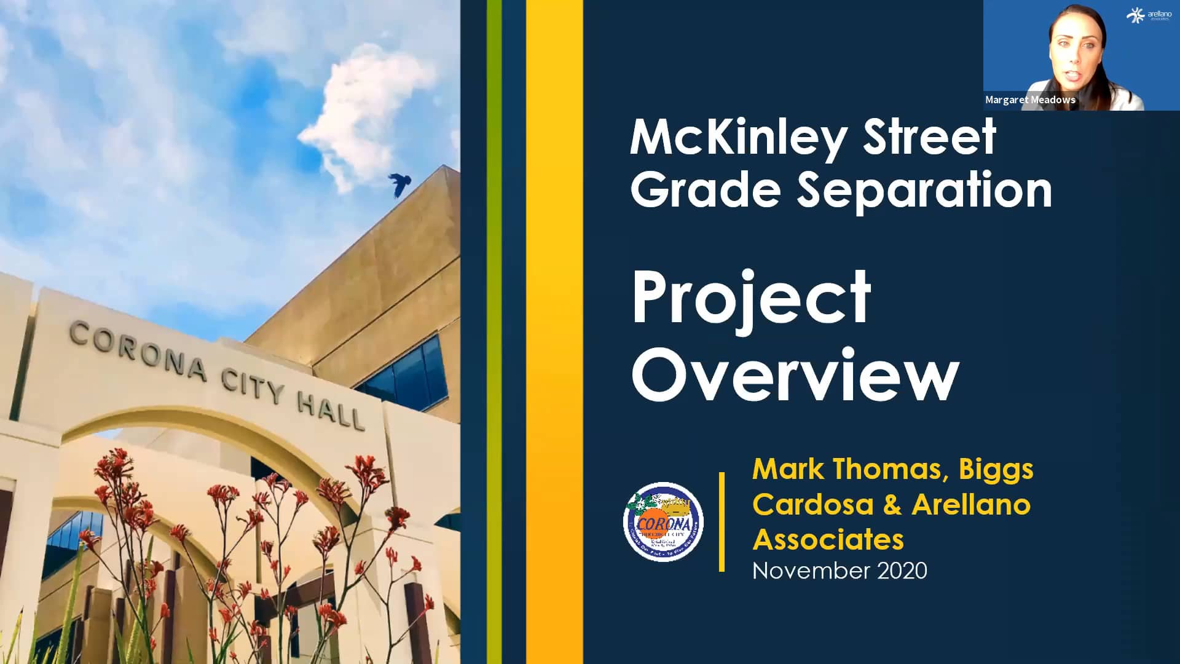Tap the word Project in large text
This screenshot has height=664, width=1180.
[x=751, y=299]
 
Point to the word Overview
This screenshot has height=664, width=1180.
[x=795, y=375]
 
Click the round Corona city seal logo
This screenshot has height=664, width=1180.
[x=663, y=522]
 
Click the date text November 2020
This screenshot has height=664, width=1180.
[x=839, y=571]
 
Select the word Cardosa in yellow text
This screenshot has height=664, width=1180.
[x=812, y=505]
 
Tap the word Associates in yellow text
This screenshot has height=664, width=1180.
[x=828, y=540]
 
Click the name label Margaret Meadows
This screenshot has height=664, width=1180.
[x=1030, y=100]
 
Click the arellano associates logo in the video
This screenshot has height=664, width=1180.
[x=1149, y=15]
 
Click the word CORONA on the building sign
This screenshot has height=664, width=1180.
[x=138, y=351]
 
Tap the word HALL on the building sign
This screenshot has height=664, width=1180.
[x=331, y=411]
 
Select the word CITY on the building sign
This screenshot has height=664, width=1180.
[x=253, y=385]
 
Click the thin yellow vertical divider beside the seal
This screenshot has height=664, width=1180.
[x=722, y=522]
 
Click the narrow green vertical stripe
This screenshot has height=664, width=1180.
[x=494, y=332]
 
